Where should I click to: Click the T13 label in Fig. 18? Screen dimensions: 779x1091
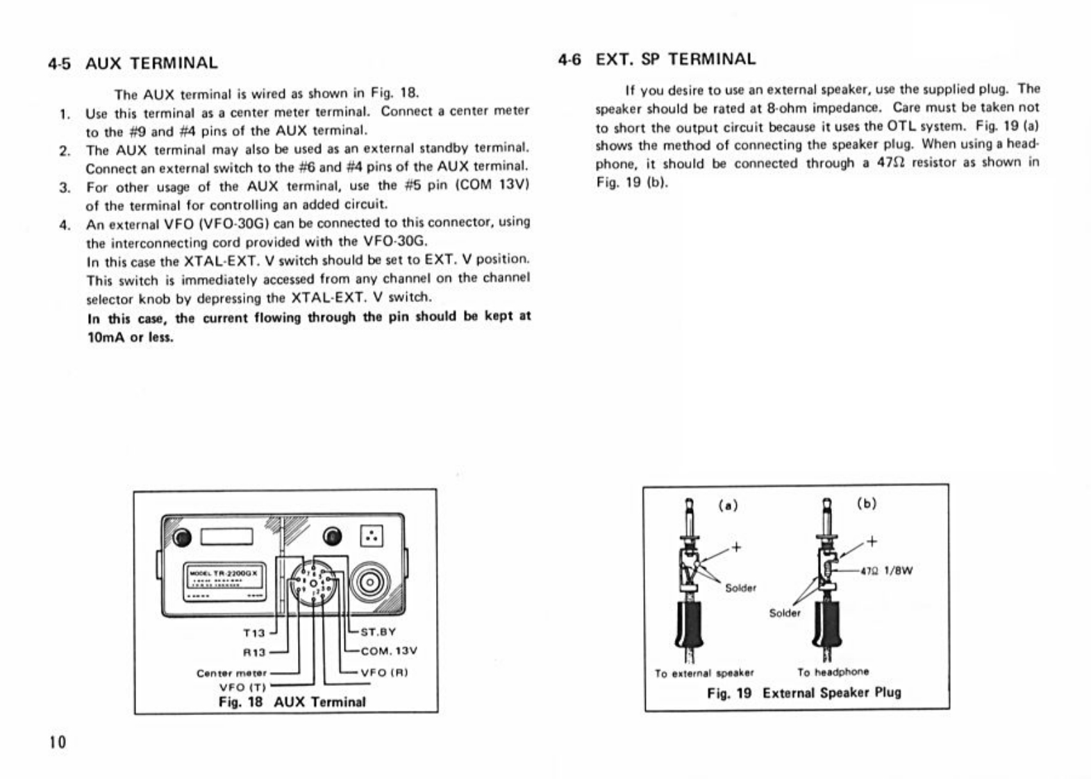pos(254,633)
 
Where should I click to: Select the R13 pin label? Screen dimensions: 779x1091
pos(254,653)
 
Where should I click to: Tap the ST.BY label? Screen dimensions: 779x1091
pos(378,632)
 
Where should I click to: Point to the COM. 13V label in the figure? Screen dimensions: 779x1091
pos(388,651)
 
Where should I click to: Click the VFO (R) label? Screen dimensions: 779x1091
pos(384,672)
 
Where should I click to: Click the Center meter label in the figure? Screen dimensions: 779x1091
pos(231,673)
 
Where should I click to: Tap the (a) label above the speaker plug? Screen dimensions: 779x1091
pos(727,505)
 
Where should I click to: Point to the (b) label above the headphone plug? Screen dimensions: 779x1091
pos(867,503)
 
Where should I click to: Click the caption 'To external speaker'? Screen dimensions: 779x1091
pos(703,673)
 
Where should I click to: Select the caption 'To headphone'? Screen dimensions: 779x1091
pos(833,671)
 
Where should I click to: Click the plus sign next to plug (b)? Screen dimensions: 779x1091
pos(872,541)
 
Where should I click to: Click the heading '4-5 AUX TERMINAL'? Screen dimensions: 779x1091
pos(133,63)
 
